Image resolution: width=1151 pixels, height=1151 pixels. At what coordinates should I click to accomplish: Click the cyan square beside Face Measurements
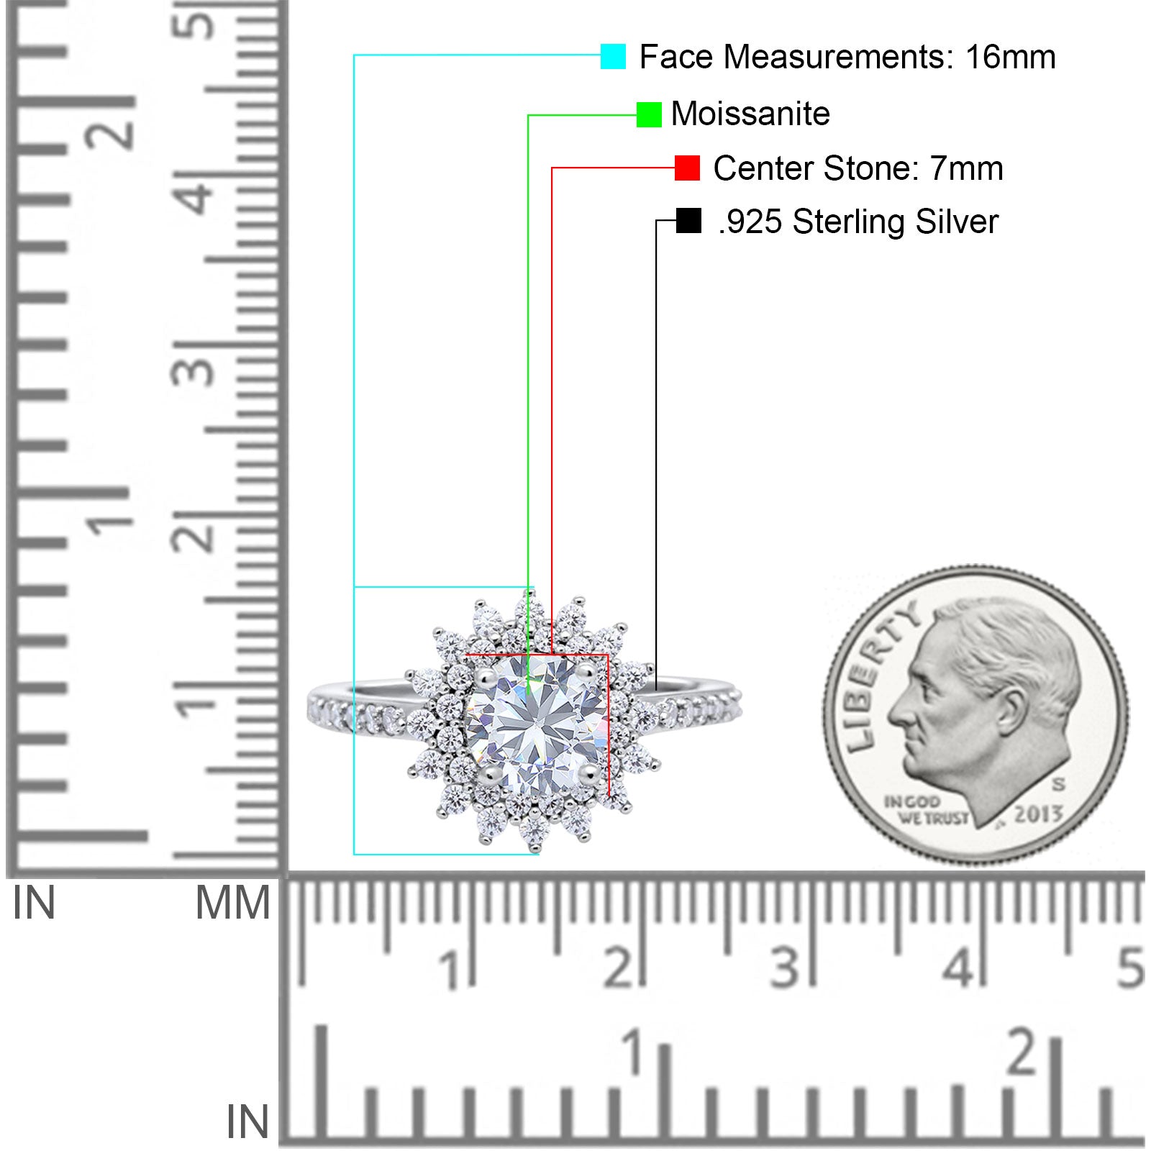(613, 56)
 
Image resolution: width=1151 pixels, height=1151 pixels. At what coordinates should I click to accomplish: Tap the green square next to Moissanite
(649, 114)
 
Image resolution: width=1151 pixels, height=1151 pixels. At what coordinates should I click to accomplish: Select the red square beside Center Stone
(687, 168)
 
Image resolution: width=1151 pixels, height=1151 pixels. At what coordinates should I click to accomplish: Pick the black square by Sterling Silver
(688, 221)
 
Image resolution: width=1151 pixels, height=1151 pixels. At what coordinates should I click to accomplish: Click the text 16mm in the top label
(1010, 57)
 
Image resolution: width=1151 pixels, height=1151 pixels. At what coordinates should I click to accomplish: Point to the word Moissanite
(750, 114)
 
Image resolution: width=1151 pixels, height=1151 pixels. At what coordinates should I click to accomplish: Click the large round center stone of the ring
(537, 724)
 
